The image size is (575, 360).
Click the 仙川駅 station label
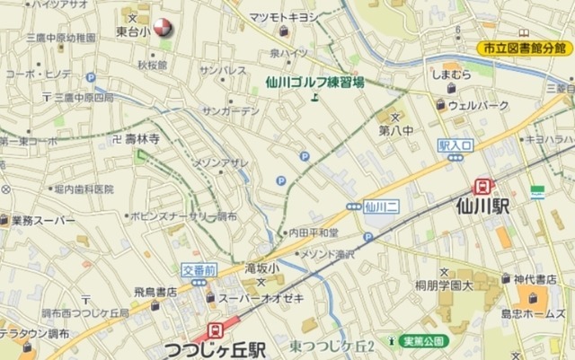(x=483, y=207)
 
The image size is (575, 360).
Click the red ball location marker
(x=162, y=29)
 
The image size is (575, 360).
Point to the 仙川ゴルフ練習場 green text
(x=315, y=82)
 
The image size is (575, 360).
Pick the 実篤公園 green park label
(x=424, y=341)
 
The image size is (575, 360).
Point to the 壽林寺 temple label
(x=142, y=138)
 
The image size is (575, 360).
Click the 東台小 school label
(x=133, y=31)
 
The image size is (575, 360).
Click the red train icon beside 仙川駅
(x=483, y=185)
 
